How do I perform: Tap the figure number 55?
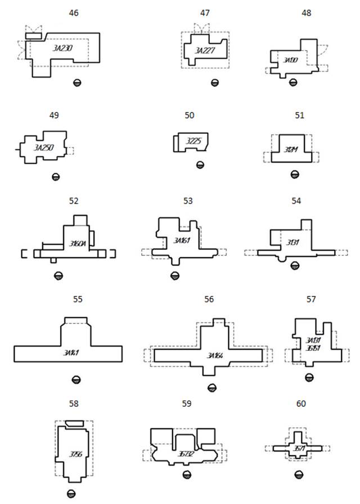click(x=77, y=299)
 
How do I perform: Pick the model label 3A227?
click(x=205, y=50)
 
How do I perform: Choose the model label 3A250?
click(x=44, y=147)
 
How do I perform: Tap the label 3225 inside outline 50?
click(x=193, y=141)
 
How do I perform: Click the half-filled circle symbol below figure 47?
click(x=214, y=83)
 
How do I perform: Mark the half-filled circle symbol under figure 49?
click(x=55, y=177)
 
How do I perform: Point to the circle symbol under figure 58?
click(x=71, y=494)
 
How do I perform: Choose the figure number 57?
click(x=311, y=299)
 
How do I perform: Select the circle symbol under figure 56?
click(x=211, y=387)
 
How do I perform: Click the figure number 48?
click(x=291, y=12)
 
